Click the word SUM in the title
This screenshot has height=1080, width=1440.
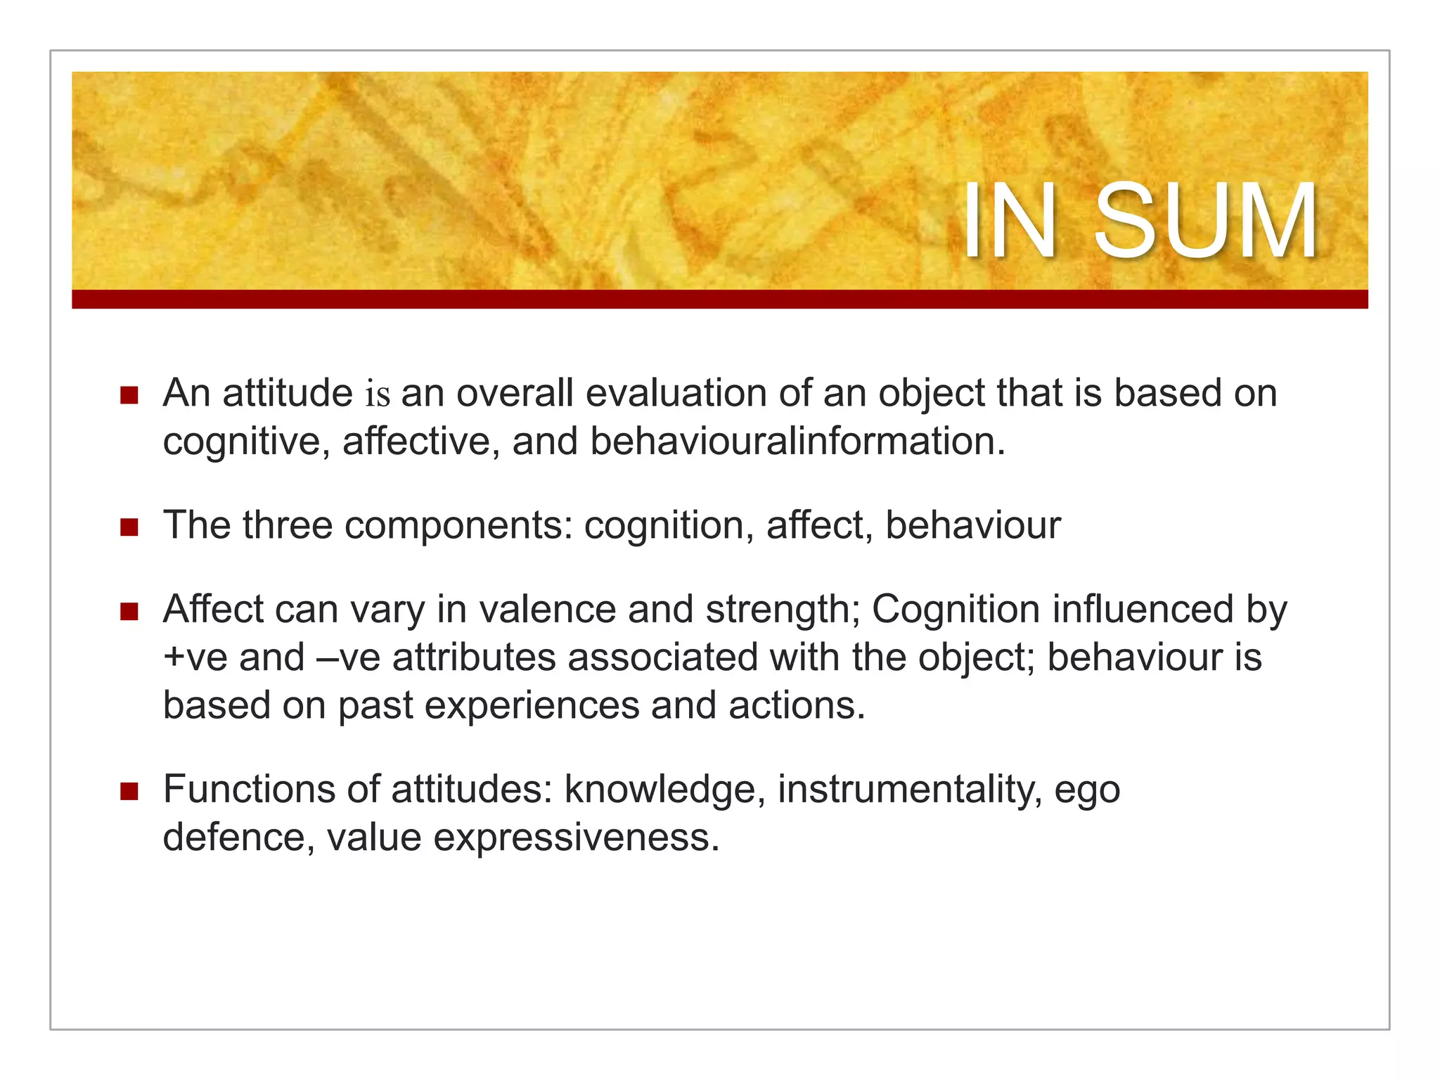(x=1205, y=221)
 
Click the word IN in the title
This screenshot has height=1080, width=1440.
(x=1009, y=221)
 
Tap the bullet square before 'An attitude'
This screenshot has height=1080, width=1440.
(x=129, y=394)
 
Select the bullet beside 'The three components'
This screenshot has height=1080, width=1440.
(x=129, y=527)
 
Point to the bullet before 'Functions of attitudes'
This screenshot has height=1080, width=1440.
(x=129, y=790)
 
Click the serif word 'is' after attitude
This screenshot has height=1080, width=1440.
(x=378, y=394)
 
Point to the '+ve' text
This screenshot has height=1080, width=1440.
(x=195, y=657)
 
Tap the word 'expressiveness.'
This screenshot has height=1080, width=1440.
(x=577, y=837)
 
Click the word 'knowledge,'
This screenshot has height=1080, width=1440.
(x=664, y=789)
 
